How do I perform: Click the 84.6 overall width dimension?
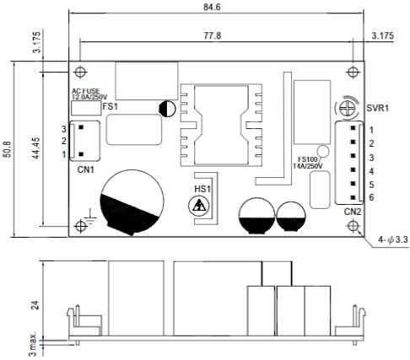[x=212, y=7]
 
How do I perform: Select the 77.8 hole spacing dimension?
[x=213, y=36]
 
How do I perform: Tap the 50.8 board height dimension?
[x=7, y=149]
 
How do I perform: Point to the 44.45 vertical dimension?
[x=36, y=148]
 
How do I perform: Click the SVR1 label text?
[x=377, y=108]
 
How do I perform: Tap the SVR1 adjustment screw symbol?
[x=345, y=108]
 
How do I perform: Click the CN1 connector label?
[x=86, y=169]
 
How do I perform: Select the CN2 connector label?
[x=353, y=212]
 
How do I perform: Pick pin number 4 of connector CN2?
[x=371, y=171]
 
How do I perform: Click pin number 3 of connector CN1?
[x=64, y=129]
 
